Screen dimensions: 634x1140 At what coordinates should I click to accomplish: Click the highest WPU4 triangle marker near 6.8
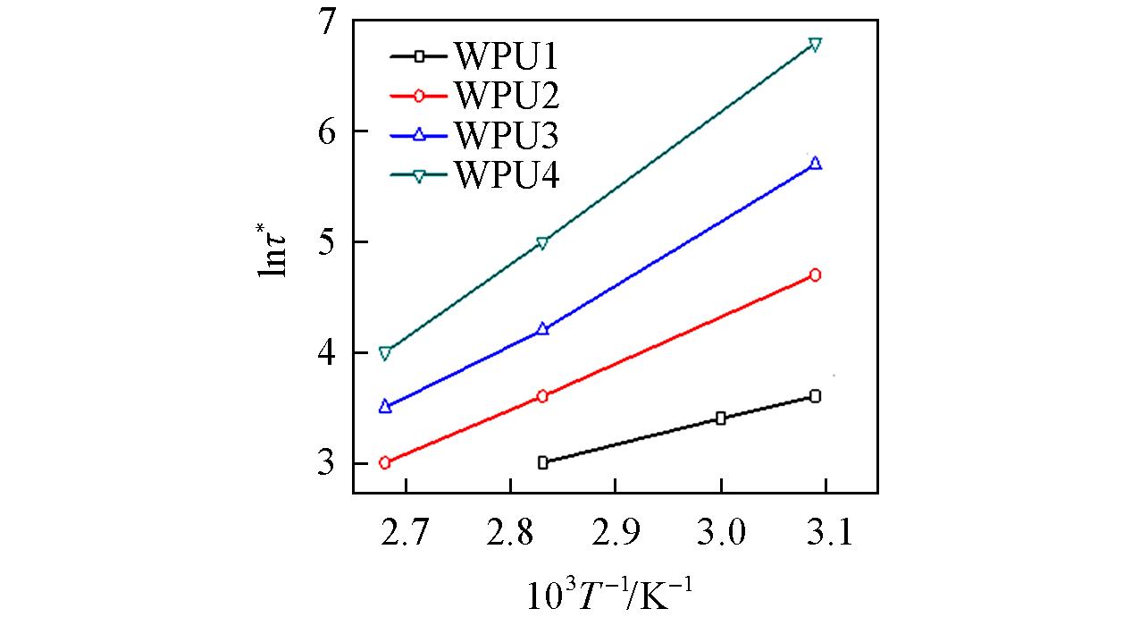pos(815,44)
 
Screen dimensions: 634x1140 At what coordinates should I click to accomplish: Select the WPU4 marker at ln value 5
pos(542,243)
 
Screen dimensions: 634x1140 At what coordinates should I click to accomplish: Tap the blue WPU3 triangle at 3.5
pos(385,406)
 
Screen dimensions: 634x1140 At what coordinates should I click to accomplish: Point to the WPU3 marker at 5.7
pos(815,164)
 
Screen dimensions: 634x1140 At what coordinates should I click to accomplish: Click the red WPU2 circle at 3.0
pos(385,463)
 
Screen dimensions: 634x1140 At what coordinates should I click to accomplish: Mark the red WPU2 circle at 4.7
pos(815,275)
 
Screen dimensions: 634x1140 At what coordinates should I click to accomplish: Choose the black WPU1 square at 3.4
pos(721,418)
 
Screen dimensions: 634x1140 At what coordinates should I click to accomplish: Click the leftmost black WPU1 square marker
pos(542,462)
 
